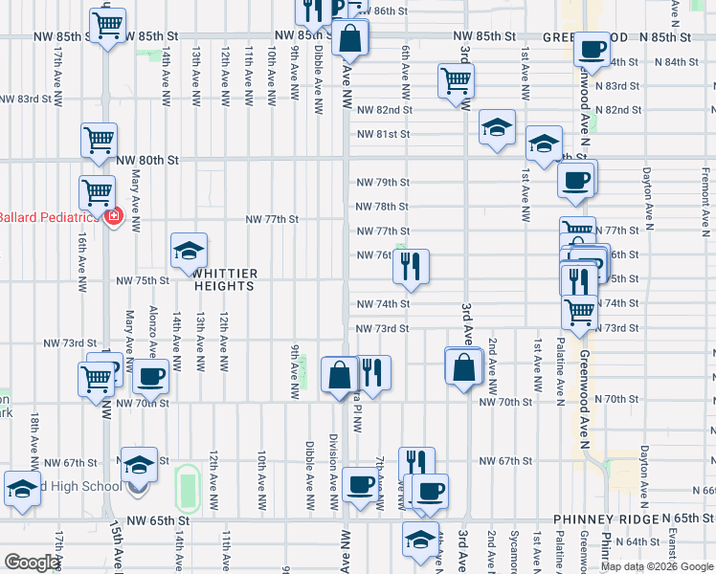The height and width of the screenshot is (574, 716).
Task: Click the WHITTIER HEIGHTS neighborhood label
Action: (225, 278)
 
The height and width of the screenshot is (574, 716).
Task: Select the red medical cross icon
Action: (114, 217)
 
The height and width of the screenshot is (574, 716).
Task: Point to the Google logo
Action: (32, 563)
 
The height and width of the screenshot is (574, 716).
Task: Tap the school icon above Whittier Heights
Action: (190, 252)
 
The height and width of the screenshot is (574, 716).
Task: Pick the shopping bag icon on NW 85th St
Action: (350, 39)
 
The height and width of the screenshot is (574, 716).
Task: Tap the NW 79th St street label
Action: (383, 182)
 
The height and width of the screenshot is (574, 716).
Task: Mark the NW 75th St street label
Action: (143, 280)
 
